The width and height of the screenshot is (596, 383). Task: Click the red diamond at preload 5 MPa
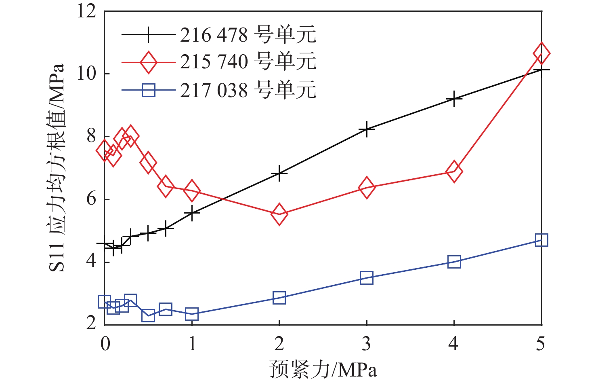pyautogui.click(x=541, y=53)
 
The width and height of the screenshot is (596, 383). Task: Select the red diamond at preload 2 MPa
pyautogui.click(x=279, y=214)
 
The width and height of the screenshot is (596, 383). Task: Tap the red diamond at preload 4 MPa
pyautogui.click(x=454, y=171)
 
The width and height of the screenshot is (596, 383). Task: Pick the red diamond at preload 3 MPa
pyautogui.click(x=367, y=187)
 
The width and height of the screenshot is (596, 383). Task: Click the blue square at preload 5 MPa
pyautogui.click(x=541, y=240)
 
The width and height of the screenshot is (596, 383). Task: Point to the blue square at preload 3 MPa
pyautogui.click(x=367, y=278)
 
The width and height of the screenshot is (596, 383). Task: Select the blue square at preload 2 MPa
pyautogui.click(x=279, y=298)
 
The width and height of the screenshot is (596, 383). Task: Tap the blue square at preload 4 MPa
pyautogui.click(x=454, y=262)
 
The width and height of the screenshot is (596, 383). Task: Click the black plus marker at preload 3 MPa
pyautogui.click(x=367, y=129)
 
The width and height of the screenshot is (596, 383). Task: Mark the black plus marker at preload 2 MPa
pyautogui.click(x=279, y=173)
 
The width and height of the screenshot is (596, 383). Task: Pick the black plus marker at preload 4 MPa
pyautogui.click(x=454, y=98)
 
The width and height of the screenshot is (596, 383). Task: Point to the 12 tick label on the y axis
pyautogui.click(x=87, y=11)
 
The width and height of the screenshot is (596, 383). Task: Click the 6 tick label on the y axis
pyautogui.click(x=91, y=199)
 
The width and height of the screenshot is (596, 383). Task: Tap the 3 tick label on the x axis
pyautogui.click(x=366, y=344)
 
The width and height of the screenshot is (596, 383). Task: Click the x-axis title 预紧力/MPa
pyautogui.click(x=323, y=370)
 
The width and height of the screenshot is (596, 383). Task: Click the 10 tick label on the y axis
pyautogui.click(x=87, y=74)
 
